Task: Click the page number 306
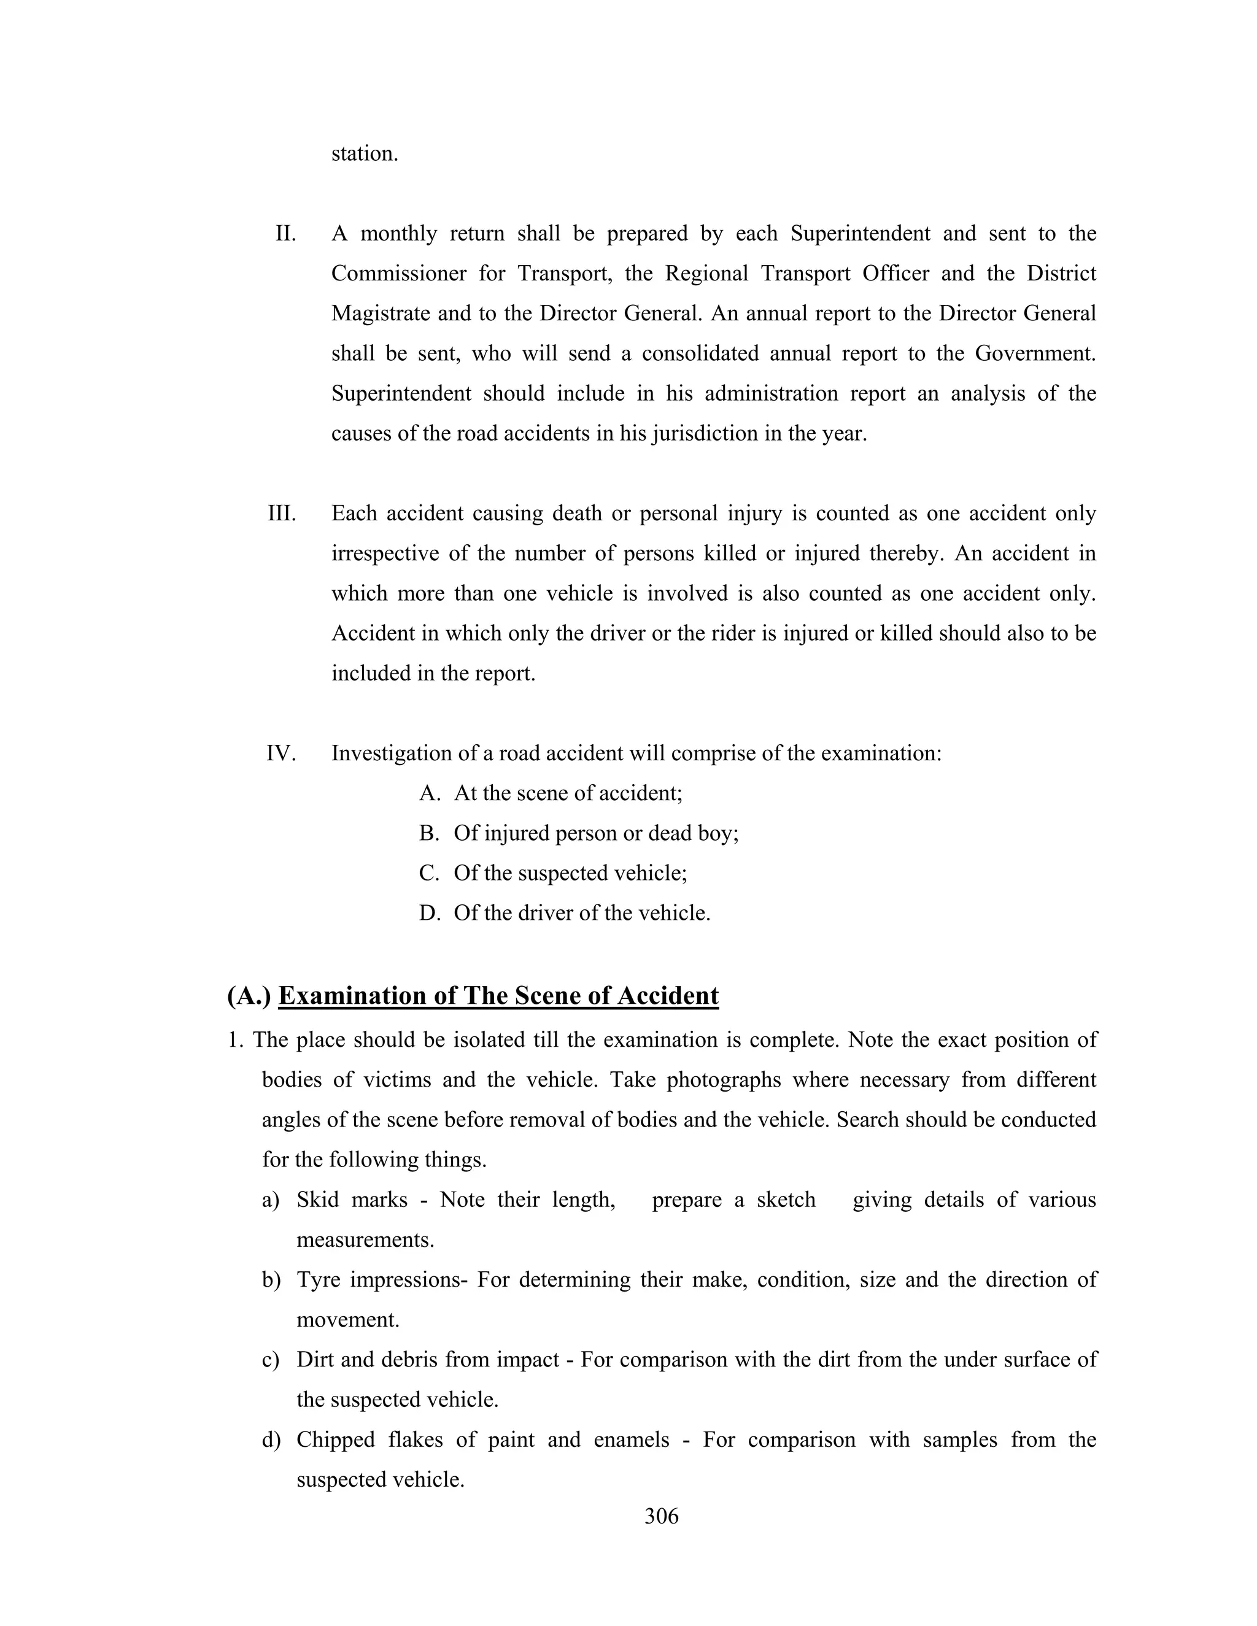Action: (661, 1516)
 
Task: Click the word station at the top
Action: (364, 154)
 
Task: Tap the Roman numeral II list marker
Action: (285, 234)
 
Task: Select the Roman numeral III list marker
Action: (282, 514)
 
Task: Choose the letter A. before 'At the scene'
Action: (430, 793)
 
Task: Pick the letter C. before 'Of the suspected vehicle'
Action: (430, 873)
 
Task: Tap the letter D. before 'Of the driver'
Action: (430, 914)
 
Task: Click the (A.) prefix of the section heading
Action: (249, 996)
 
